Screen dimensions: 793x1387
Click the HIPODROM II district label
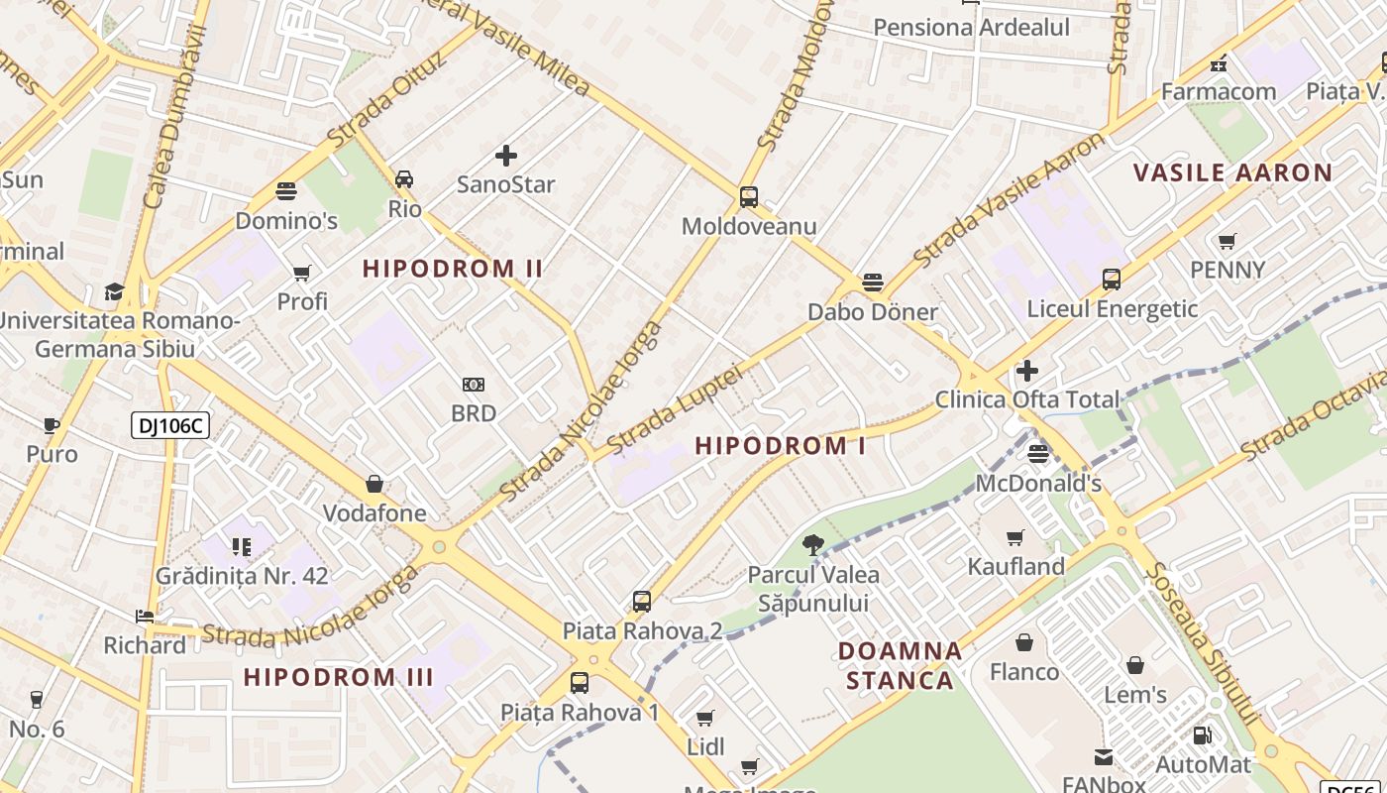tap(452, 269)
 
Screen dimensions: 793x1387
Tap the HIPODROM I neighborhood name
tap(780, 446)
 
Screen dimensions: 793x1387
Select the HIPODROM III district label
tap(338, 678)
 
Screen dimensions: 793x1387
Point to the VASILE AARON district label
tap(1232, 172)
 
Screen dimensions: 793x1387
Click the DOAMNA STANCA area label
tap(900, 665)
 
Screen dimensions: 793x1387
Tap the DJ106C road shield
tap(170, 426)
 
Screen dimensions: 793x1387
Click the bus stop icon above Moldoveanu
tap(749, 196)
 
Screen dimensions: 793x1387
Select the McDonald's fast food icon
tap(1038, 454)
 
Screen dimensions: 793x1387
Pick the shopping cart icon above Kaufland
tap(1015, 538)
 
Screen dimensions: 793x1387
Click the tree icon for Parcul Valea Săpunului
tap(812, 544)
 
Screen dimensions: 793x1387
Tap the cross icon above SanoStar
tap(506, 156)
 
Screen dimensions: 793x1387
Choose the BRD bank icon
tap(474, 385)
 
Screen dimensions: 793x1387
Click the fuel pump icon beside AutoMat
tap(1202, 736)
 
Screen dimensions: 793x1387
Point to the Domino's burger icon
tap(286, 190)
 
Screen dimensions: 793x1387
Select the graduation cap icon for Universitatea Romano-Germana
tap(115, 291)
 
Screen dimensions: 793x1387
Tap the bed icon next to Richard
tap(145, 617)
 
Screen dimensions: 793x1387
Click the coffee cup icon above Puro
tap(52, 426)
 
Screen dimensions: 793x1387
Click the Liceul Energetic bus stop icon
tap(1112, 280)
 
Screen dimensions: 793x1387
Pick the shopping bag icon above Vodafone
tap(374, 484)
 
